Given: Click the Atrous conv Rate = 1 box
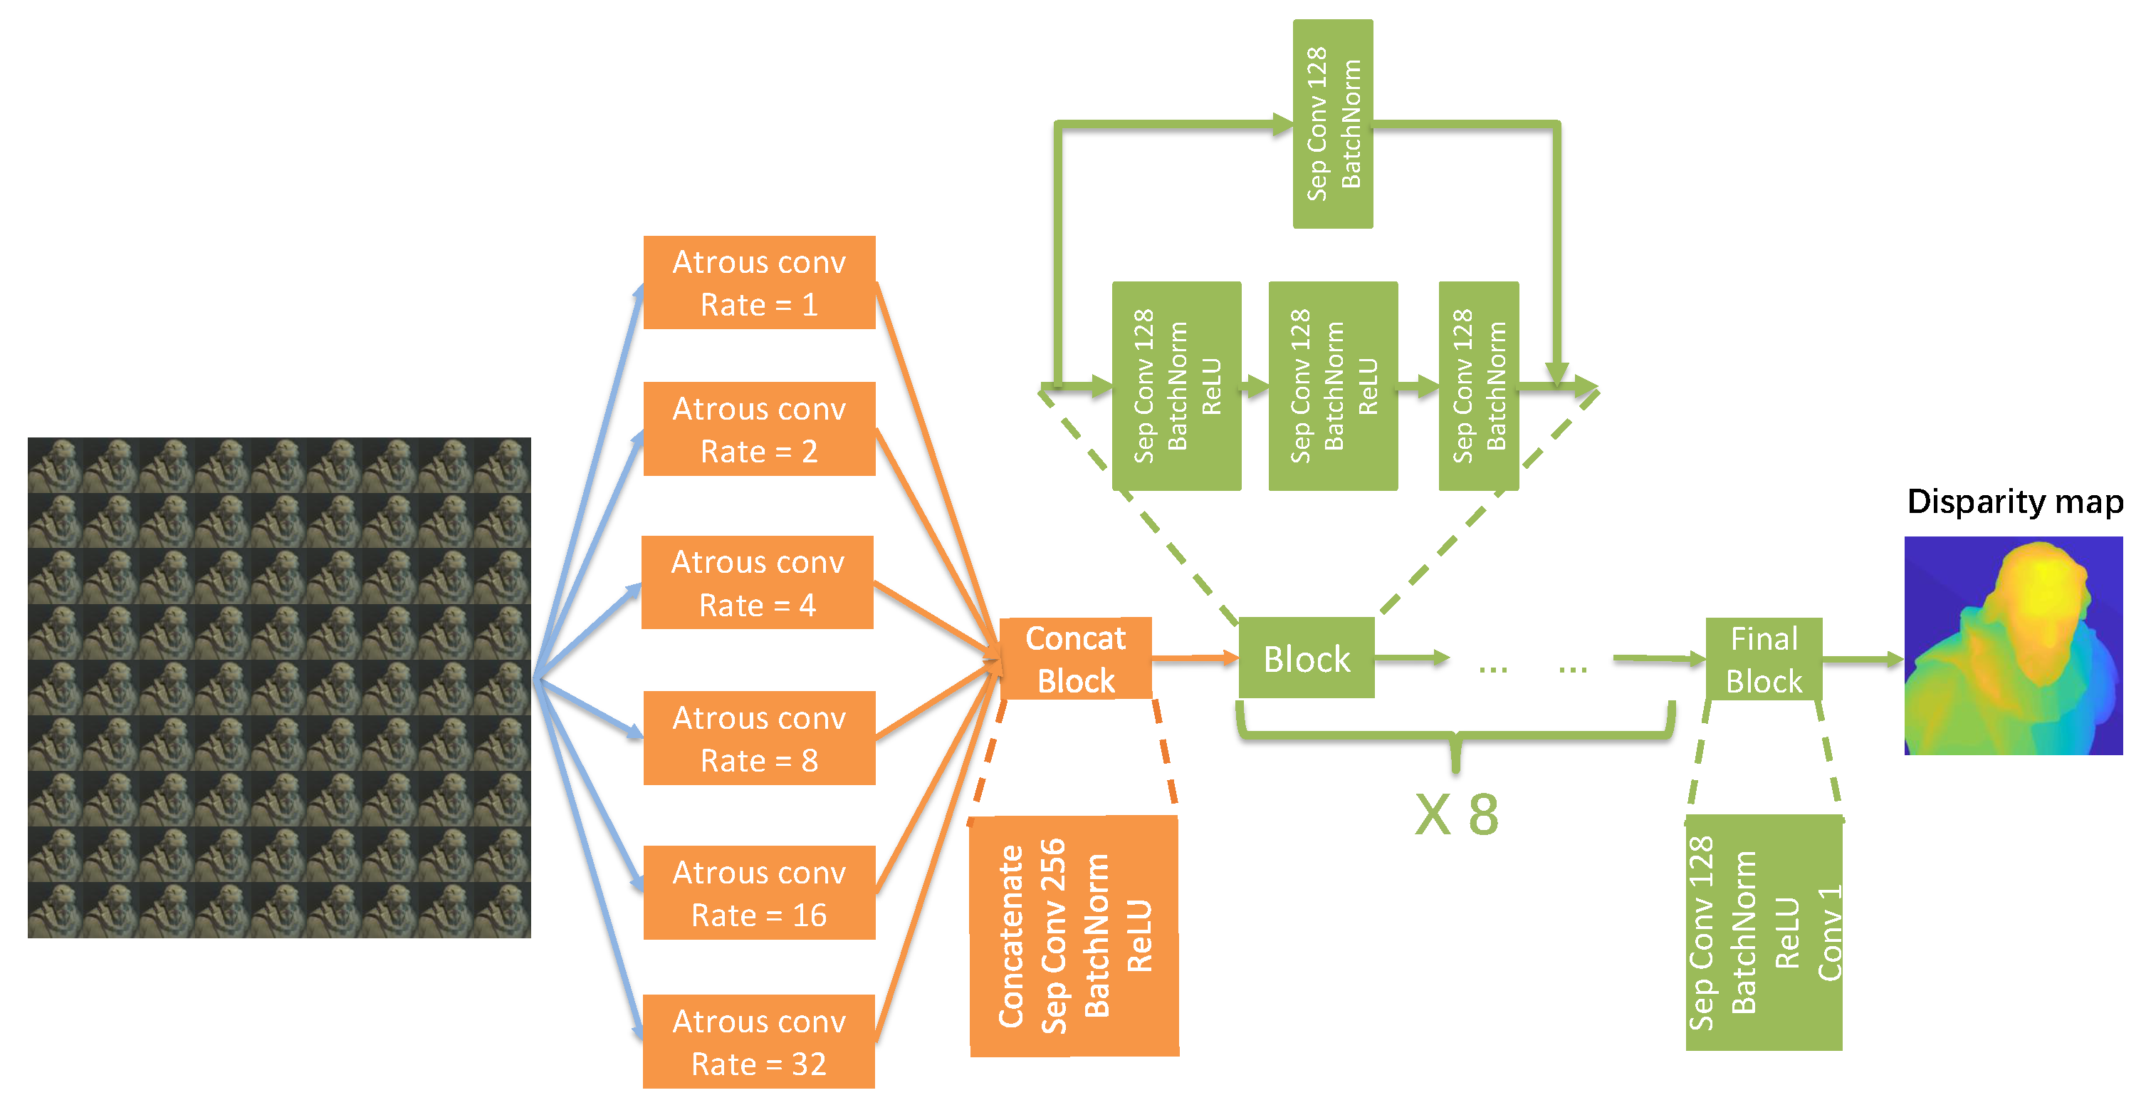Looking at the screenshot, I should click(x=759, y=283).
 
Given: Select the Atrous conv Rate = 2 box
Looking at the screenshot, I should click(x=759, y=429).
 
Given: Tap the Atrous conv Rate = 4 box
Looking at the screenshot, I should click(x=758, y=583).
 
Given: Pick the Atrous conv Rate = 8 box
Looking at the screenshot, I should click(x=759, y=738).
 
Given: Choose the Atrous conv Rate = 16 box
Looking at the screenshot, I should click(x=759, y=893).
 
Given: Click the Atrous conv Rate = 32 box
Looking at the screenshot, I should click(x=759, y=1042).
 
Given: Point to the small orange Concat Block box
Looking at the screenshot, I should click(x=1076, y=658).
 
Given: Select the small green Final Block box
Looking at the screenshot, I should click(x=1764, y=659).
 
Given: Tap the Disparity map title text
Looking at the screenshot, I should click(x=2014, y=502).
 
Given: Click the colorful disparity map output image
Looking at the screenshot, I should click(x=2013, y=645).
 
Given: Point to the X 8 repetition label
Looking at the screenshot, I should click(x=1457, y=814).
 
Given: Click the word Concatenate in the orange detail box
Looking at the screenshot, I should click(x=1011, y=936).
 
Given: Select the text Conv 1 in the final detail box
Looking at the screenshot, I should click(x=1829, y=933).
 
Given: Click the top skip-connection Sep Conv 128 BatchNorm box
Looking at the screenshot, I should click(x=1333, y=124).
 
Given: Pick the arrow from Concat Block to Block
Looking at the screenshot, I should click(x=1195, y=658).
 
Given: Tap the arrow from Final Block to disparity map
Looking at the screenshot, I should click(x=1863, y=659).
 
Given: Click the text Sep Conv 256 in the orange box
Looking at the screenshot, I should click(x=1054, y=936).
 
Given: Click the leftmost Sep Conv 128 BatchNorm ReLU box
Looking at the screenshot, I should click(x=1176, y=386).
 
